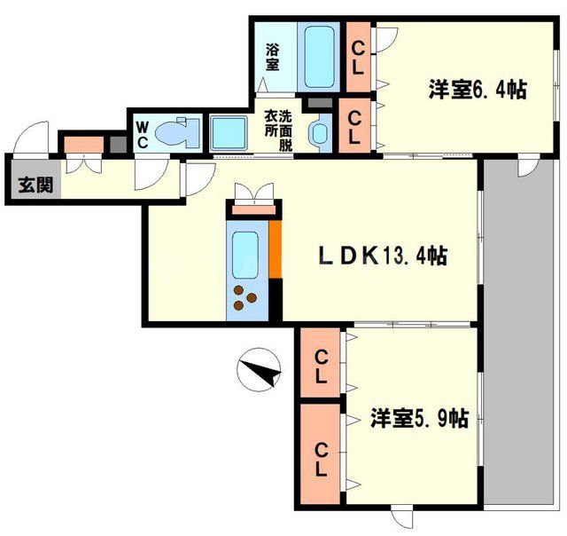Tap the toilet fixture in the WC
(176, 133)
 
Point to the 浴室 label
(273, 58)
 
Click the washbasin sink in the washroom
(318, 134)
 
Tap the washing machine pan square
(229, 133)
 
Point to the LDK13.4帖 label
(383, 256)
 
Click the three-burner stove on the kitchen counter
(245, 299)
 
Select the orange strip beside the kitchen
(275, 252)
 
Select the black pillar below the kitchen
(275, 303)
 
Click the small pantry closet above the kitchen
(253, 209)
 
